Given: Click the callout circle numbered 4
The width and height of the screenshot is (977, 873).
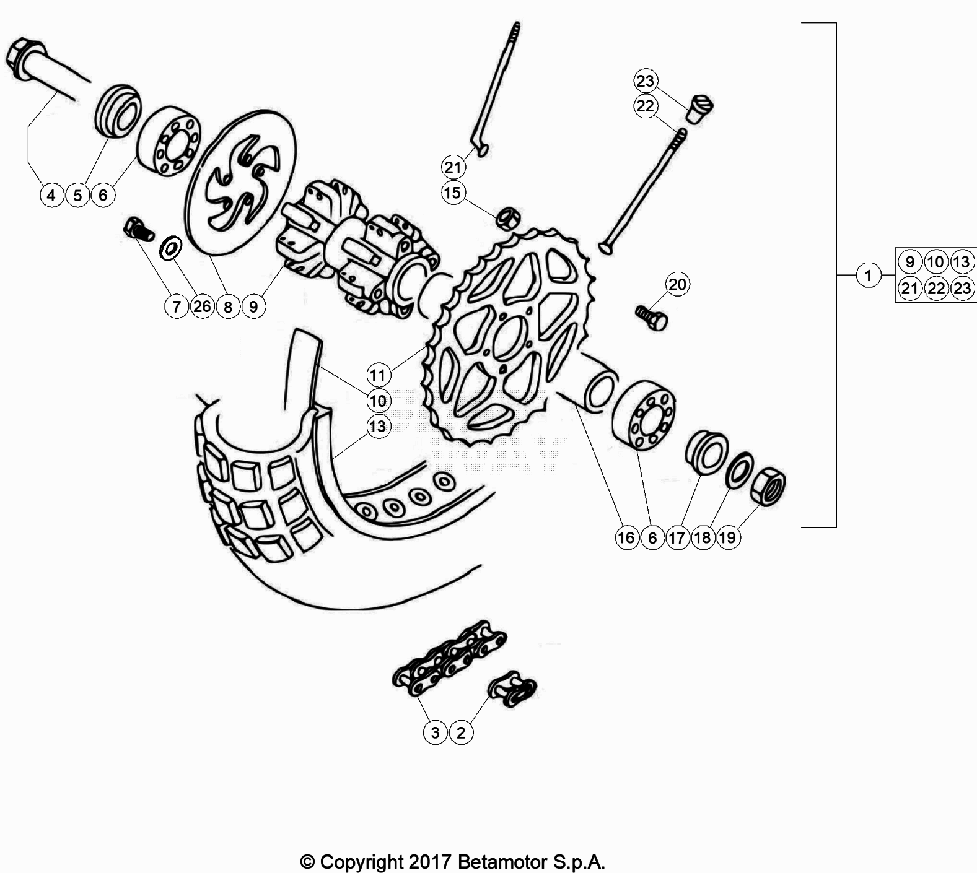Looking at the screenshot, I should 51,196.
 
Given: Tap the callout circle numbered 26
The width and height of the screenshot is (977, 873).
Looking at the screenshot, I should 202,306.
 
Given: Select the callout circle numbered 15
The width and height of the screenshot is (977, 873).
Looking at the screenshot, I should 453,193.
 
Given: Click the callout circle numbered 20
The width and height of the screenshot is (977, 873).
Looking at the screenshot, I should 678,284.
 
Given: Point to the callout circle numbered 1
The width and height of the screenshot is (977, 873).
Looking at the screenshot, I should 868,275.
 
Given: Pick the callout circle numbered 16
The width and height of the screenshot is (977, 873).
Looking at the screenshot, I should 626,537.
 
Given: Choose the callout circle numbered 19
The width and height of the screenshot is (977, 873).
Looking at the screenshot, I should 728,537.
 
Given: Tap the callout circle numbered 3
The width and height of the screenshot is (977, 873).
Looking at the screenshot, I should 435,732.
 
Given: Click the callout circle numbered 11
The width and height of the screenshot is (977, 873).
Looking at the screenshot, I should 378,375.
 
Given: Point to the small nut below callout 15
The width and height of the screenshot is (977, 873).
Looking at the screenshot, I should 508,218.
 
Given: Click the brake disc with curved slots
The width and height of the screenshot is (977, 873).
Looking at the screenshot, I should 241,183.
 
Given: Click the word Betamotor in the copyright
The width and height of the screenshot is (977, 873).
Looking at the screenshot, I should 503,862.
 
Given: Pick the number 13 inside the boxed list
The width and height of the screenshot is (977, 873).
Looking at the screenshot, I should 961,262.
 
